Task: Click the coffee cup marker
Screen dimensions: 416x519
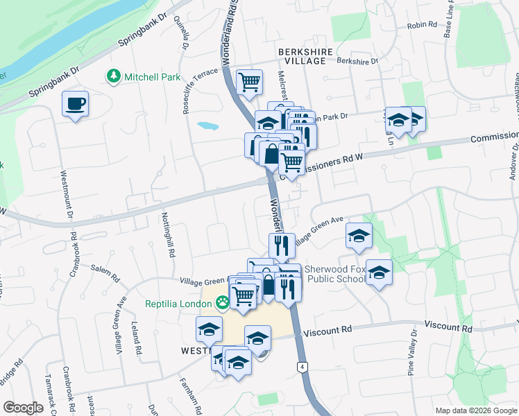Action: click(x=75, y=105)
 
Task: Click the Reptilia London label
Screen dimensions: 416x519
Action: click(x=179, y=304)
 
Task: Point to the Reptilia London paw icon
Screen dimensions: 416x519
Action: click(x=222, y=302)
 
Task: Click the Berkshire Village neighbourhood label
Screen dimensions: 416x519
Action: click(x=302, y=56)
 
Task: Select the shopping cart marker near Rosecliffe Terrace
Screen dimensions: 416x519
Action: click(x=249, y=83)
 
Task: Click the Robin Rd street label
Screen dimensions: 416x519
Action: click(x=422, y=25)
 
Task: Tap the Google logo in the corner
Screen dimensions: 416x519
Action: click(x=23, y=408)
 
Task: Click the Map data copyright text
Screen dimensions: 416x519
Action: click(x=475, y=410)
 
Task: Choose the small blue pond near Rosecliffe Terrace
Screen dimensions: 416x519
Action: click(x=207, y=126)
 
